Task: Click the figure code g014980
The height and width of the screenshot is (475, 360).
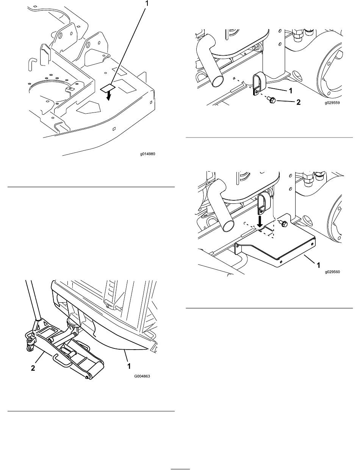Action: tap(148, 154)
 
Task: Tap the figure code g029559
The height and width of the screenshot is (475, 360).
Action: tap(332, 103)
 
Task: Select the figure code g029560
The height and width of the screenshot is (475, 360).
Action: tap(332, 272)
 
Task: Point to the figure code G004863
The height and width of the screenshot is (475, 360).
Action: tap(142, 376)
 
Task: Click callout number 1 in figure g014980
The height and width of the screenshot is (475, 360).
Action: tap(147, 3)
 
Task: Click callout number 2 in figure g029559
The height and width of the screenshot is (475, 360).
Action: tap(298, 102)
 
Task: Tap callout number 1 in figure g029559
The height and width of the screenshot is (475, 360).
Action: tap(291, 91)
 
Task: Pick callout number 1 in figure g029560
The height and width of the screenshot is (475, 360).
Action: tap(318, 265)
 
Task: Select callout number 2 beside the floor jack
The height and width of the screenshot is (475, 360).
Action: tap(33, 368)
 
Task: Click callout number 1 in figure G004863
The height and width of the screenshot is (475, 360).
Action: tap(129, 366)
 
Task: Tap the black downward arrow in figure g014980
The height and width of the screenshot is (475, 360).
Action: tap(109, 95)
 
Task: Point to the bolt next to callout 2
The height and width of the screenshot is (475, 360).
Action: tap(271, 100)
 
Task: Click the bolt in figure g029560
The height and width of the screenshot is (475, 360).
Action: tap(283, 223)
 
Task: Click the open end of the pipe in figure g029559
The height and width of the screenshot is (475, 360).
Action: tap(218, 81)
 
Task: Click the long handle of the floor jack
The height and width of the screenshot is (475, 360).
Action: tap(33, 301)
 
